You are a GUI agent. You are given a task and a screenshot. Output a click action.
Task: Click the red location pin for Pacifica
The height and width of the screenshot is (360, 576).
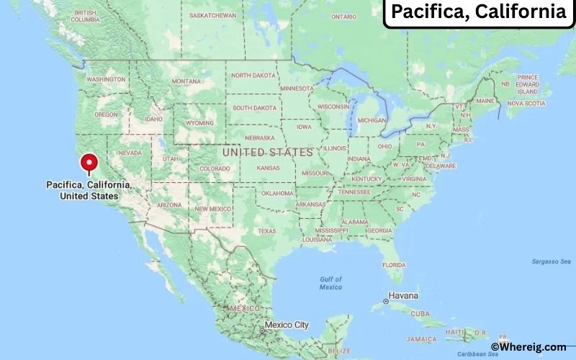(89, 163)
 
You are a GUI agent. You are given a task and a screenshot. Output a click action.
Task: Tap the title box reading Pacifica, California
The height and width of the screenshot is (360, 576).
(477, 12)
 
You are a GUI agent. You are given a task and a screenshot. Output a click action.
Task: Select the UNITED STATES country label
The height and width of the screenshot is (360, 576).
(267, 153)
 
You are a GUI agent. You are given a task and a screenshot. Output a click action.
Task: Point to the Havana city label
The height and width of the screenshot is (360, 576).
(403, 296)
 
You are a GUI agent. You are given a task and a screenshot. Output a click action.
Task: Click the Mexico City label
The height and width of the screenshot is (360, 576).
(286, 325)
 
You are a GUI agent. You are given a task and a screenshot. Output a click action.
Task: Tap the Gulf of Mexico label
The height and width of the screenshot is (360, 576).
(331, 283)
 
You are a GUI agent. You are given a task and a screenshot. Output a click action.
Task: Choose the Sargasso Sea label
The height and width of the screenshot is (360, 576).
(551, 261)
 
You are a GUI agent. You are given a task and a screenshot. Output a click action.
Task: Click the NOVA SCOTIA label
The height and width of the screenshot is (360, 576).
(525, 103)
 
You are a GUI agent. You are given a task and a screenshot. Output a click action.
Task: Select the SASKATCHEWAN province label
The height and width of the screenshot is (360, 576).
(213, 14)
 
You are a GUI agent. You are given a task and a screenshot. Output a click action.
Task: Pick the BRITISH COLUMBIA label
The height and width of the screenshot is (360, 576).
(86, 16)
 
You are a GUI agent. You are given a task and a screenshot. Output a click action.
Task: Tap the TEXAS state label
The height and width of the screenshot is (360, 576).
(266, 231)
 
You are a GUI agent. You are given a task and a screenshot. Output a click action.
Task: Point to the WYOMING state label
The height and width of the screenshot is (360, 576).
(199, 122)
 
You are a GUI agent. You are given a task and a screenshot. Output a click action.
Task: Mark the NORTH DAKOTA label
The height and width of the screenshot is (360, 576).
(253, 75)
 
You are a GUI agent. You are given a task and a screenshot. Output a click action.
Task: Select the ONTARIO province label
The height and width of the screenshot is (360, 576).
(344, 16)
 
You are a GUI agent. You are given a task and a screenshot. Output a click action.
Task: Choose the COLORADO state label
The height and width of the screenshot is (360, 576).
(214, 169)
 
